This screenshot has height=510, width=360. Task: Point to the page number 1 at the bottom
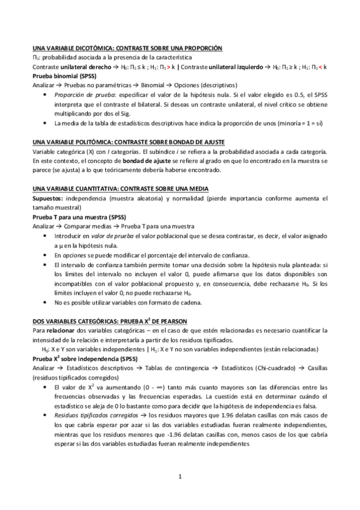click(x=180, y=477)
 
